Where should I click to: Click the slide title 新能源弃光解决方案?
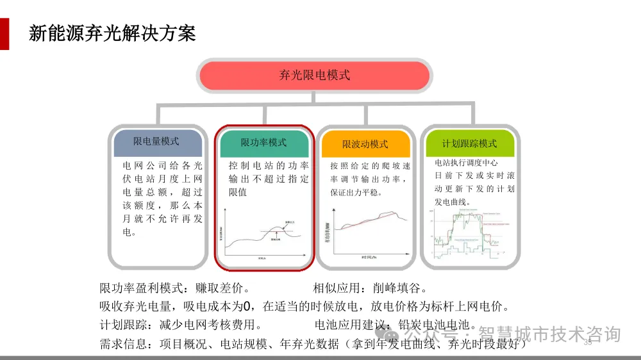[x=112, y=33]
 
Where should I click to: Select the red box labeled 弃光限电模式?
[x=314, y=75]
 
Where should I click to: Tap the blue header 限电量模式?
[x=156, y=142]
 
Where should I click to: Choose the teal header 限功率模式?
[x=263, y=143]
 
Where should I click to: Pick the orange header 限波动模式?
[x=365, y=144]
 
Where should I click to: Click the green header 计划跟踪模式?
[x=469, y=143]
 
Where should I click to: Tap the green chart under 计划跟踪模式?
[x=469, y=234]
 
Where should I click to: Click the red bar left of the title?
[x=4, y=33]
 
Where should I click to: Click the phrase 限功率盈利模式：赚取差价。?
[x=174, y=287]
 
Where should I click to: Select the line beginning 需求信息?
[x=314, y=345]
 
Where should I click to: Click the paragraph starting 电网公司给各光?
[x=162, y=199]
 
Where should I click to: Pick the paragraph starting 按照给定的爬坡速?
[x=370, y=179]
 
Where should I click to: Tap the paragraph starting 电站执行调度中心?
[x=474, y=183]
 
